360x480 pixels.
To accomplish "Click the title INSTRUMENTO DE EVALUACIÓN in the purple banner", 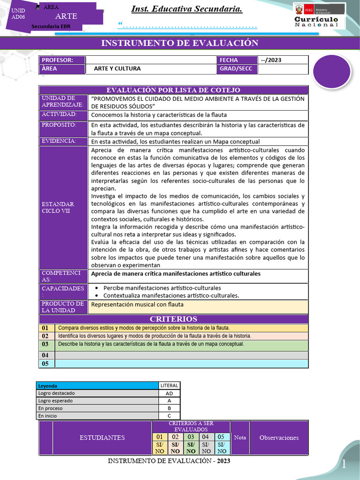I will click(x=180, y=44).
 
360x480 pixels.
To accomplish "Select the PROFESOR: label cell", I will click(x=62, y=60).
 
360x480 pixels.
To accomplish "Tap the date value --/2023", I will click(x=271, y=60).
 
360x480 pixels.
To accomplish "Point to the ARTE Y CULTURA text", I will click(x=117, y=69).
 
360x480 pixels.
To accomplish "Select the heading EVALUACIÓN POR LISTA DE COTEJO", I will click(x=173, y=90).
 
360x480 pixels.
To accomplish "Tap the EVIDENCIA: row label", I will click(x=63, y=141).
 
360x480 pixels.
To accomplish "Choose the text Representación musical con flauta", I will click(x=137, y=305).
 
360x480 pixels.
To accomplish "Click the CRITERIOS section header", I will click(x=173, y=319).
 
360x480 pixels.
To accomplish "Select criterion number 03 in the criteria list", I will click(x=45, y=345).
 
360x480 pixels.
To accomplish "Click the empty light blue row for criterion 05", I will click(x=181, y=364).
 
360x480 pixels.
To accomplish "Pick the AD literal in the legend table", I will click(x=169, y=394).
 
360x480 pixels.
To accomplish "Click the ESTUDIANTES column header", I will click(x=102, y=438).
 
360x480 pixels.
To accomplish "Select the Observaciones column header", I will click(x=279, y=438).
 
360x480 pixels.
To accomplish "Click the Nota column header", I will click(x=240, y=438).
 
